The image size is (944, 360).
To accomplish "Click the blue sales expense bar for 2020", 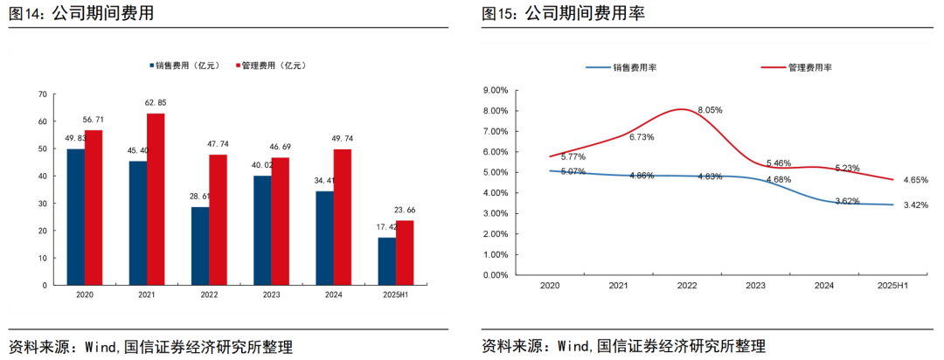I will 75,217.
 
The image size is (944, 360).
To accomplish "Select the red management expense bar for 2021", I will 156,199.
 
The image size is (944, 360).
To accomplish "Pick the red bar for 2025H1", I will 405,253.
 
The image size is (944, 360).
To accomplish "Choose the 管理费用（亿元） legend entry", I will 274,66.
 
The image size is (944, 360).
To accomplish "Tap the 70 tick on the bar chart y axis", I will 42,93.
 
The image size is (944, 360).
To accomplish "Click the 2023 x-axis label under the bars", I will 271,296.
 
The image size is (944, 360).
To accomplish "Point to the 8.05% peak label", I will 710,110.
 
